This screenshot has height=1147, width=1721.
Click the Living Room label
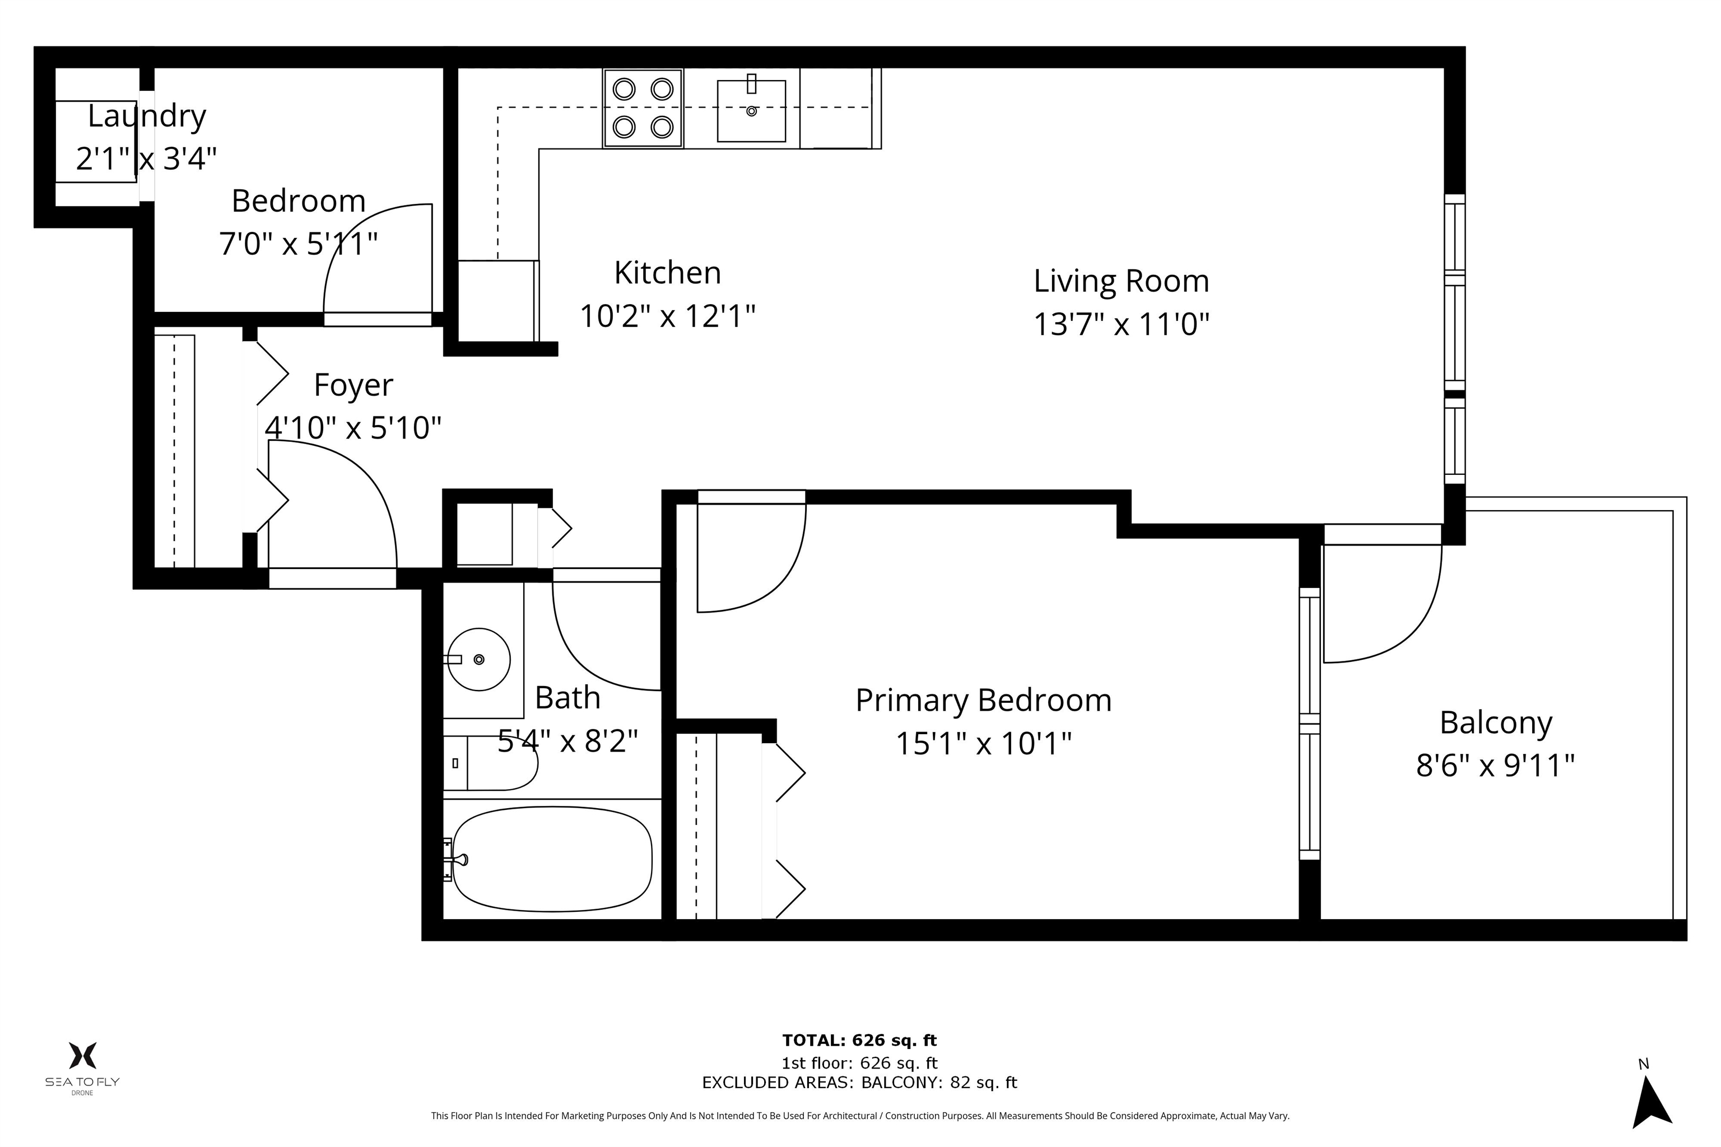[1120, 282]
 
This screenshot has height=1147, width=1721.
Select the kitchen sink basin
[751, 111]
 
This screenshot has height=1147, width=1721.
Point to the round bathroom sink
[478, 659]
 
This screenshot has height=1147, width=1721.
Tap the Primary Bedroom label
[983, 701]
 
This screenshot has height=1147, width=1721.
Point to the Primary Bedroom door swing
[761, 563]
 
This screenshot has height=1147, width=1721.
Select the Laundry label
[146, 115]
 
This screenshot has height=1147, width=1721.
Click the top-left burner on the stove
[624, 89]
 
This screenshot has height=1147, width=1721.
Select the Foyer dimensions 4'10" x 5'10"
[353, 428]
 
